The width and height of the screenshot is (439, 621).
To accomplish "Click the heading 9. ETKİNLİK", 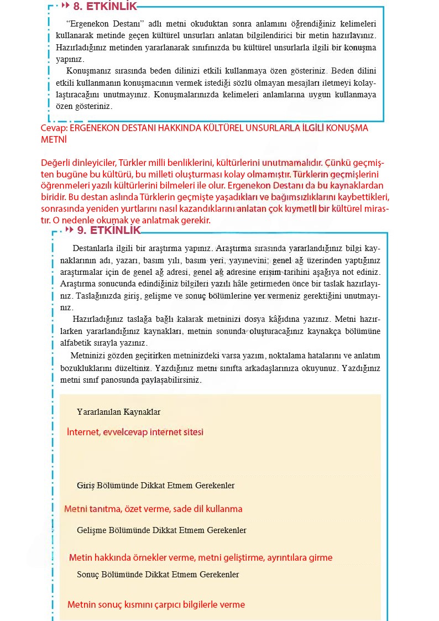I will pyautogui.click(x=109, y=230).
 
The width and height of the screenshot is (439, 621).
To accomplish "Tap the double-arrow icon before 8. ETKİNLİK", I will pyautogui.click(x=65, y=6).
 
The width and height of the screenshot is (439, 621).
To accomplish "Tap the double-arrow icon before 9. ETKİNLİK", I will pyautogui.click(x=69, y=229).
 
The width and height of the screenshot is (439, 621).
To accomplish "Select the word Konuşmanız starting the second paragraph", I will pyautogui.click(x=88, y=71).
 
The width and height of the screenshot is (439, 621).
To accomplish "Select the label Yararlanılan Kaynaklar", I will pyautogui.click(x=118, y=412).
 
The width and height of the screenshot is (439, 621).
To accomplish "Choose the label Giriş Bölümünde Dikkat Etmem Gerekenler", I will pyautogui.click(x=155, y=486).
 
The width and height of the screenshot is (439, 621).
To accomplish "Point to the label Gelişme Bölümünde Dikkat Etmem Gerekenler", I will pyautogui.click(x=161, y=530).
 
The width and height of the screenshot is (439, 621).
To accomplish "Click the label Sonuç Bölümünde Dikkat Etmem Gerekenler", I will pyautogui.click(x=158, y=575).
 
